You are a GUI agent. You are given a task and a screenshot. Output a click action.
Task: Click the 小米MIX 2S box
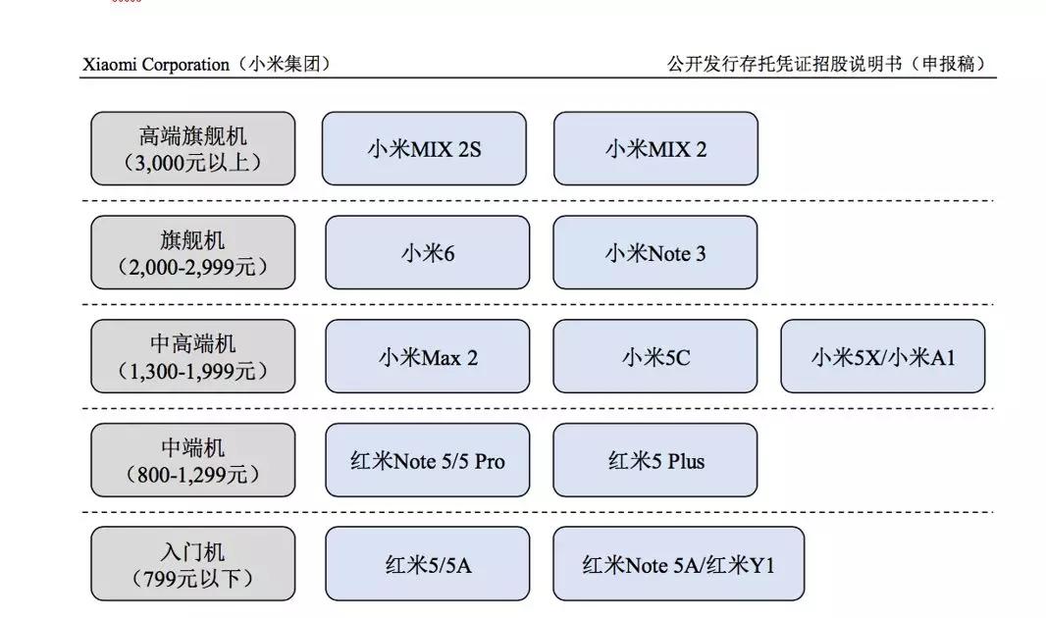click(x=424, y=149)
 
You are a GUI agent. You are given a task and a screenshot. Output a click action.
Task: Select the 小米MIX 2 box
click(x=655, y=149)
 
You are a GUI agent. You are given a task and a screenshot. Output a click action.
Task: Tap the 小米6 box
click(x=427, y=253)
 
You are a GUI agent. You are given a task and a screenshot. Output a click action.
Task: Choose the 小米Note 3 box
click(x=655, y=253)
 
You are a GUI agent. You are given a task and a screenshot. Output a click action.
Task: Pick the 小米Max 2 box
click(x=427, y=357)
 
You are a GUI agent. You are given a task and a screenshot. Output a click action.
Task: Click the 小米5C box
click(x=655, y=357)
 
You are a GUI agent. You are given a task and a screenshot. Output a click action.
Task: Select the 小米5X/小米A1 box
click(x=883, y=357)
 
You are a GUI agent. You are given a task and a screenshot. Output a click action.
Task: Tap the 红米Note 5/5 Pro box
click(x=427, y=460)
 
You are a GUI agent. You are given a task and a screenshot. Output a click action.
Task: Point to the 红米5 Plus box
click(x=655, y=460)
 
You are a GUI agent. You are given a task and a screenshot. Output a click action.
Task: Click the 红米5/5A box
click(x=427, y=564)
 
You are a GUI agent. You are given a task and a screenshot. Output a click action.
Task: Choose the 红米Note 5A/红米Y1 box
click(x=678, y=564)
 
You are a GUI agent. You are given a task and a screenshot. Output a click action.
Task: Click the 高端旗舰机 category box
click(x=193, y=148)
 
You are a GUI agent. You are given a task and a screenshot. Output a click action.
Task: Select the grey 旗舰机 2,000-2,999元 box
click(x=193, y=252)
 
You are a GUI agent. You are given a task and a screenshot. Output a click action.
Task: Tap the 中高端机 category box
click(x=193, y=356)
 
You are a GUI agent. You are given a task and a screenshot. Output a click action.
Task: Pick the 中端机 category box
click(x=193, y=460)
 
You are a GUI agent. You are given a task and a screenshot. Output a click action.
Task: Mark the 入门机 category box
click(x=193, y=564)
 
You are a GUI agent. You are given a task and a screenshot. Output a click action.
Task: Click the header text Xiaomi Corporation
click(x=155, y=65)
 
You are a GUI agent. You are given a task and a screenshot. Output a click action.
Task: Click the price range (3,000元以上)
click(x=193, y=163)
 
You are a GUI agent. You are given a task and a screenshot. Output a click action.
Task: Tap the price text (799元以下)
click(x=193, y=579)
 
